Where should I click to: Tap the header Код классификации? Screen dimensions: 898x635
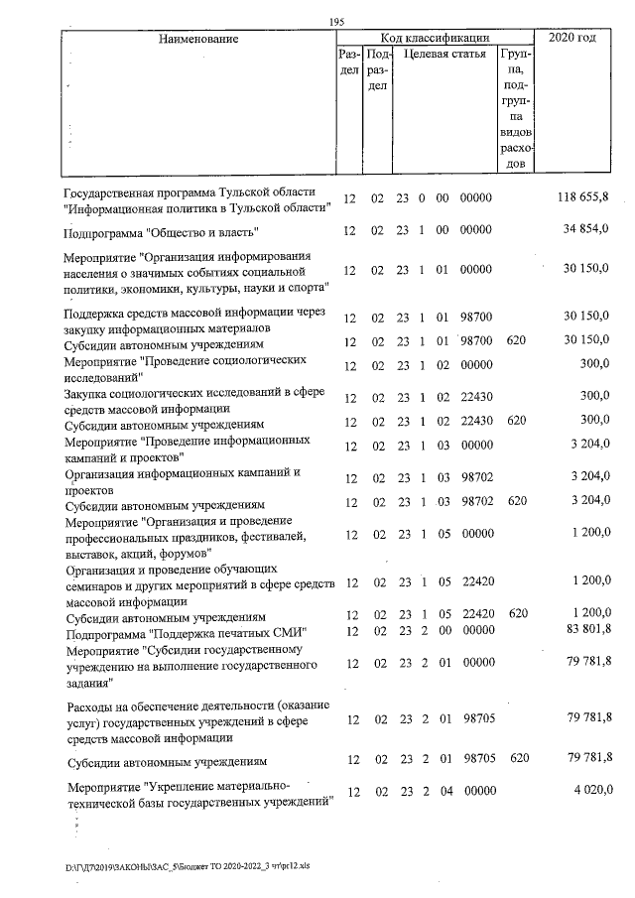437,38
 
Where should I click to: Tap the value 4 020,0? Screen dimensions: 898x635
589,791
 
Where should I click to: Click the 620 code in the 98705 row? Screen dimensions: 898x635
516,758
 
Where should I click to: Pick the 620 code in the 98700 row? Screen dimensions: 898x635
516,340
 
